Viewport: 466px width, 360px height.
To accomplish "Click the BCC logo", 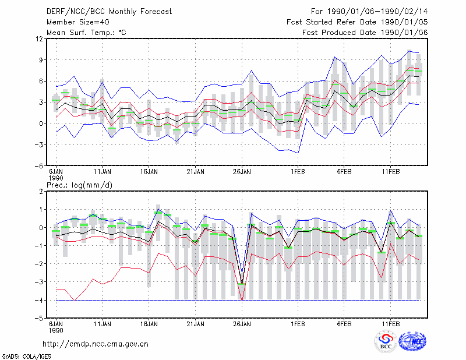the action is pyautogui.click(x=385, y=341).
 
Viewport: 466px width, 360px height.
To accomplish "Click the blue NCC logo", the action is pyautogui.click(x=412, y=341).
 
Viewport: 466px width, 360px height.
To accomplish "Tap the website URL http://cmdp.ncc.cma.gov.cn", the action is pyautogui.click(x=96, y=344).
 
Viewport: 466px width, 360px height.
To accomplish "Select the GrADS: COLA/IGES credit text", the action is pyautogui.click(x=26, y=357).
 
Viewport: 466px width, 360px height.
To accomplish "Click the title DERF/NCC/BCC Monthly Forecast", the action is pyautogui.click(x=109, y=12).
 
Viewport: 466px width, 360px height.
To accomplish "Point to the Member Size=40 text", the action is pyautogui.click(x=78, y=22).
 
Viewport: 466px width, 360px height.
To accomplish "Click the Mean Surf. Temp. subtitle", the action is pyautogui.click(x=86, y=33).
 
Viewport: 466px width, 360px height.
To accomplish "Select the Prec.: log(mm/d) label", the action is pyautogui.click(x=79, y=185).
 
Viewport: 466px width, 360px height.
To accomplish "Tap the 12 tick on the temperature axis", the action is pyautogui.click(x=40, y=38).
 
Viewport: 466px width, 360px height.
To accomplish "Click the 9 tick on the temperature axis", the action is pyautogui.click(x=41, y=60).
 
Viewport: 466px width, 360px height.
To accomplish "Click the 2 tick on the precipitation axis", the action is pyautogui.click(x=41, y=192).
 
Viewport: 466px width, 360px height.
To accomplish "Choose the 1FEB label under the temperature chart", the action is pyautogui.click(x=298, y=172).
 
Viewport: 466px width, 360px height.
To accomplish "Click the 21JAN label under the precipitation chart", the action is pyautogui.click(x=196, y=324).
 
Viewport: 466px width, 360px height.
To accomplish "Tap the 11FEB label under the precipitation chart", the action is pyautogui.click(x=390, y=324).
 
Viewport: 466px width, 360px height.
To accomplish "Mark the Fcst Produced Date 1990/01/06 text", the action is pyautogui.click(x=365, y=33).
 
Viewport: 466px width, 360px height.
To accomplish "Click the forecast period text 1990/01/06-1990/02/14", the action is pyautogui.click(x=377, y=12).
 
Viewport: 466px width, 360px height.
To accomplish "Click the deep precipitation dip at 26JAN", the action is pyautogui.click(x=242, y=284).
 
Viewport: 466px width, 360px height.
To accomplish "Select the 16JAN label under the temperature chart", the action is pyautogui.click(x=149, y=172).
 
